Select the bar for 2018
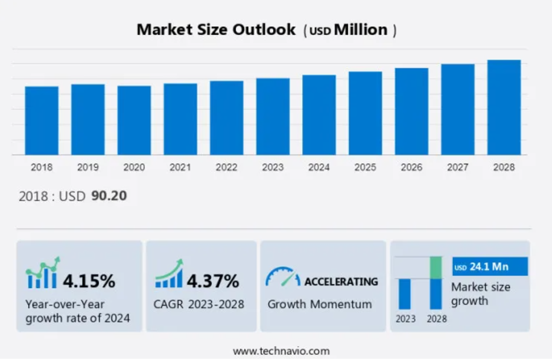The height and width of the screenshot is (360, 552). [x=42, y=121]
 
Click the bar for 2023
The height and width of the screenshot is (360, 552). [x=273, y=116]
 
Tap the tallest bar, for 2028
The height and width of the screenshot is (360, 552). [x=504, y=107]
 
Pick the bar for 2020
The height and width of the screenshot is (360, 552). [x=134, y=120]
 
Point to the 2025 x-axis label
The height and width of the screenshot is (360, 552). [x=365, y=168]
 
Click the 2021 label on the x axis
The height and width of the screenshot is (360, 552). [x=180, y=168]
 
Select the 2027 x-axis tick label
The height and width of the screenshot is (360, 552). [x=457, y=168]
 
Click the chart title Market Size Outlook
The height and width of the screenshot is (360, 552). [x=216, y=30]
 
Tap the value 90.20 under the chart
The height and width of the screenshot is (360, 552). [x=109, y=196]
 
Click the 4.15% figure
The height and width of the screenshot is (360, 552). [x=89, y=280]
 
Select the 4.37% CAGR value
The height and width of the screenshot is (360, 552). [x=212, y=280]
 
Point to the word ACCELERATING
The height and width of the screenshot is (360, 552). [x=341, y=282]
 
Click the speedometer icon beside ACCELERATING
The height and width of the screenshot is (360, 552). [x=282, y=277]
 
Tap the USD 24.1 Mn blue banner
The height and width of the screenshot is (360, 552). [x=489, y=267]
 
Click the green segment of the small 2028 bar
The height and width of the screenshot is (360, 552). [x=436, y=267]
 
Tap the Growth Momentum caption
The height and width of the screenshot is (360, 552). [x=320, y=304]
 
